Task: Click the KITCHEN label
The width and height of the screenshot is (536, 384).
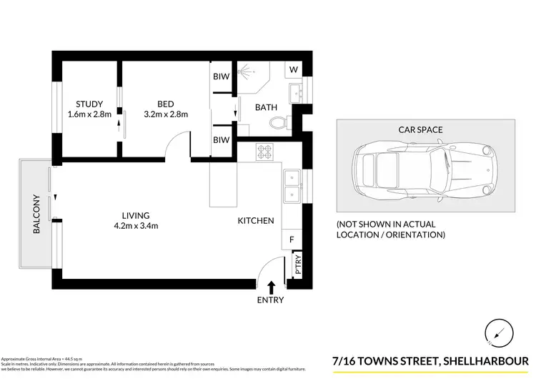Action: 256,221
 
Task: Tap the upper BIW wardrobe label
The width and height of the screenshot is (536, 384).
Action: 221,77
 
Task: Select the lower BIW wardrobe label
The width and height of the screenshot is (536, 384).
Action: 221,140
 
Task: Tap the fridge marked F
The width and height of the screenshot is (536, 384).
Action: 292,240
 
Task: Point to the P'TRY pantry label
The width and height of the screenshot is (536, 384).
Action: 299,265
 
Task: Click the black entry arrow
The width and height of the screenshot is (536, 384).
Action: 270,287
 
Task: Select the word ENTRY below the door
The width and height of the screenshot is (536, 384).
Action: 270,300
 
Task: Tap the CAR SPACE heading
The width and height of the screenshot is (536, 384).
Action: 421,129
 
